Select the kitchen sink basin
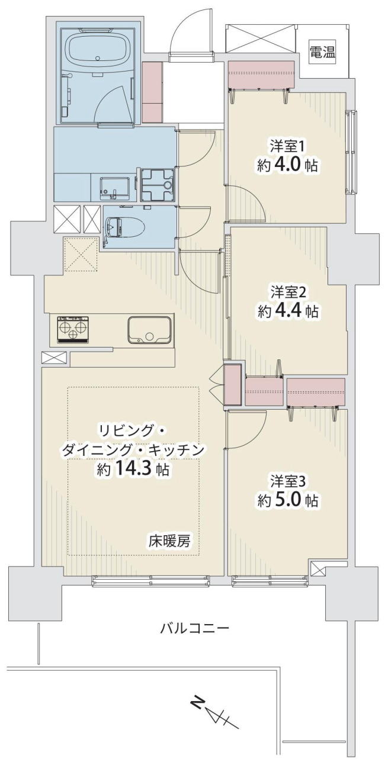(x=149, y=329)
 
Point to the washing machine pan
(x=157, y=186)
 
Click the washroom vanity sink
(x=114, y=189)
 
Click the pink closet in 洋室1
(x=261, y=75)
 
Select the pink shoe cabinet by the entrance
(x=151, y=92)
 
